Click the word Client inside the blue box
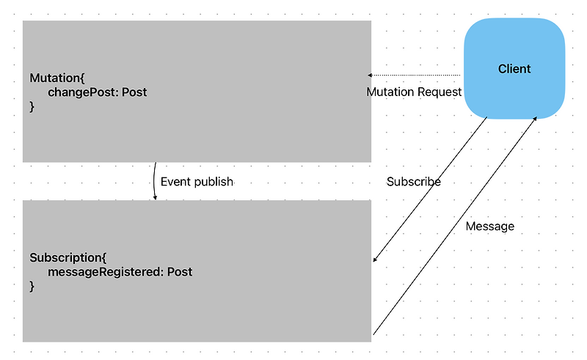(x=514, y=69)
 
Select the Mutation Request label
(x=414, y=92)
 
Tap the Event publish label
(x=197, y=182)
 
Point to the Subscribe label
(x=413, y=182)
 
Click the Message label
(x=489, y=227)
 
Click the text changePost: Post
(x=98, y=92)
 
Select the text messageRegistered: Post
(x=120, y=272)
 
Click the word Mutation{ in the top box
(x=58, y=78)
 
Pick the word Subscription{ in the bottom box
(x=68, y=258)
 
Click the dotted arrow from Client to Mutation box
(x=415, y=75)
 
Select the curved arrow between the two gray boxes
(x=154, y=181)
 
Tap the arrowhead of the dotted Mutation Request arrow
(x=370, y=75)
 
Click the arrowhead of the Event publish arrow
(x=156, y=198)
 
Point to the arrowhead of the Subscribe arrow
(x=375, y=260)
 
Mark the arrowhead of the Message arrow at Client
(x=535, y=118)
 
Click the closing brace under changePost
(x=32, y=107)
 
